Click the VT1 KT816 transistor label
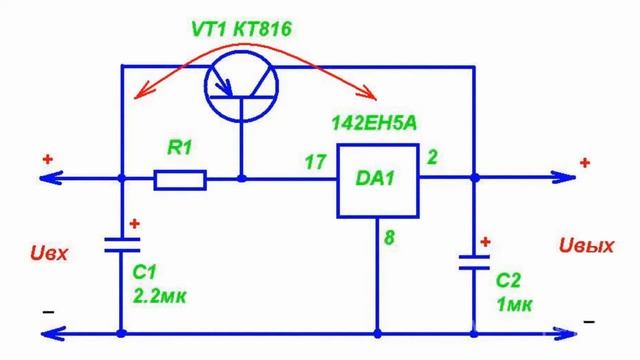pos(243,30)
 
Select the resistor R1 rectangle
pos(181,180)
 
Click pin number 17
pos(312,159)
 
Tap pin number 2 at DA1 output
pos(433,156)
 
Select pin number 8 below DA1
pos(390,237)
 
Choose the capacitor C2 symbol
pos(473,264)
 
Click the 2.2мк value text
pos(160,295)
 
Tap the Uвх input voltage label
pos(49,254)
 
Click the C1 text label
pos(146,273)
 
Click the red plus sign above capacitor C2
pos(487,241)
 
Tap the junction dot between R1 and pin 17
pos(242,180)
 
